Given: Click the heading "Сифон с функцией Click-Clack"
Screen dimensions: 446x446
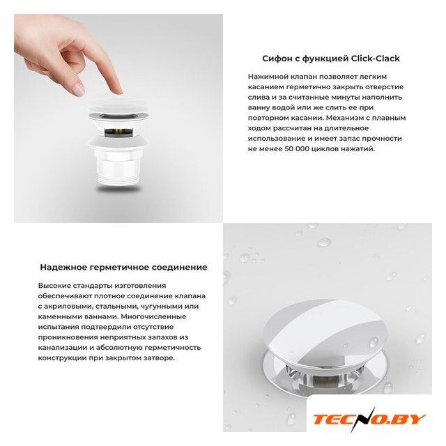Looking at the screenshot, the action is tap(331, 59).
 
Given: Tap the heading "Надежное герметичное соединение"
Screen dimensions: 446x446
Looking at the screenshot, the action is tap(123, 268).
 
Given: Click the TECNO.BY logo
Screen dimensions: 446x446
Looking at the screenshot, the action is tap(369, 420).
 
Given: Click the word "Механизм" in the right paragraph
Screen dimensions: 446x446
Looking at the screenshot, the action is tap(346, 118).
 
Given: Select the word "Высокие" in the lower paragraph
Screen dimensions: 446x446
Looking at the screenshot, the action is tap(54, 286).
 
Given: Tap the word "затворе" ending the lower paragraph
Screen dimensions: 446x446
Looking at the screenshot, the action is tap(160, 358).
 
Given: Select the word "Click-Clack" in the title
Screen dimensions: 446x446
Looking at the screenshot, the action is tap(375, 59).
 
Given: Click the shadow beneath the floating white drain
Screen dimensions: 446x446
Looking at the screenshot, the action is tap(118, 189).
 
